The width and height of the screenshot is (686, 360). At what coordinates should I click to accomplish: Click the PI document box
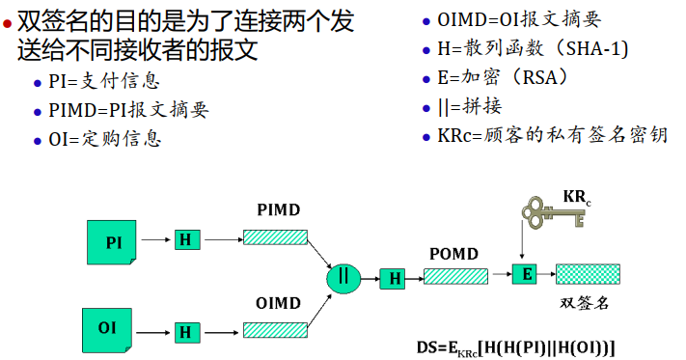(x=113, y=241)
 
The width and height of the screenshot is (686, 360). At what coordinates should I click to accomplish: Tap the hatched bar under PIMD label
(x=275, y=237)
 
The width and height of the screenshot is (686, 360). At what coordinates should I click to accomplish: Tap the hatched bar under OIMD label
(x=275, y=330)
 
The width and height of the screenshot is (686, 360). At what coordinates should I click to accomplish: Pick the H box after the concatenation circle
(x=393, y=279)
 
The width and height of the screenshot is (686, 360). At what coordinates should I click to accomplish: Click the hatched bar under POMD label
(x=455, y=276)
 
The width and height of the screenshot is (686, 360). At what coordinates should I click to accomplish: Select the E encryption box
(x=525, y=274)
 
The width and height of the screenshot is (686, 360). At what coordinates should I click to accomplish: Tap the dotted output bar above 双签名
(x=588, y=274)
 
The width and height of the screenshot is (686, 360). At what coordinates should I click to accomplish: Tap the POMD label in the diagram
(x=453, y=253)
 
